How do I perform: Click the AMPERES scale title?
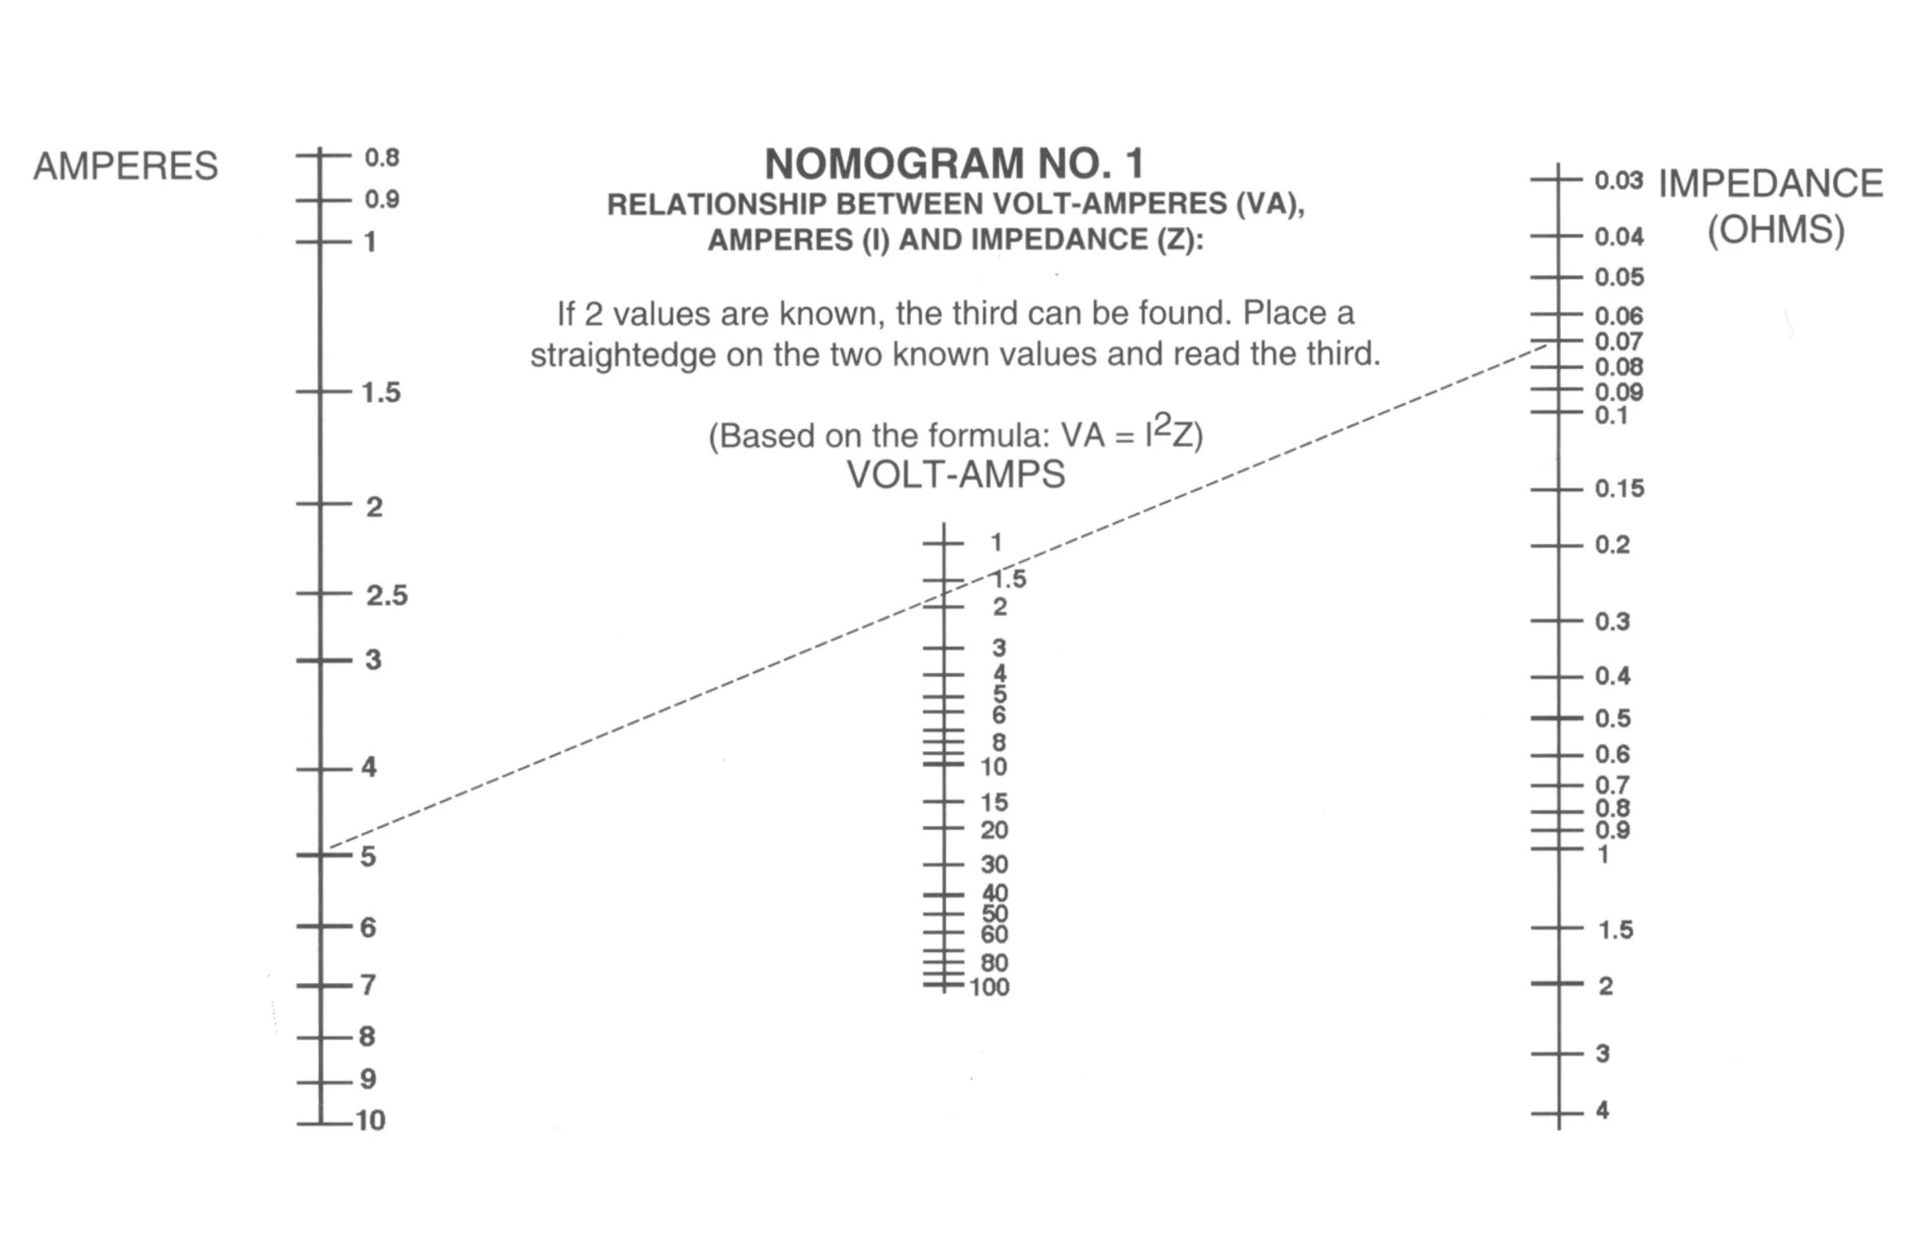pyautogui.click(x=125, y=166)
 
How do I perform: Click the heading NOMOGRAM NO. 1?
pyautogui.click(x=954, y=163)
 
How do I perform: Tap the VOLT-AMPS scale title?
pyautogui.click(x=956, y=474)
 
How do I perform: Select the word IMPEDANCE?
pyautogui.click(x=1771, y=183)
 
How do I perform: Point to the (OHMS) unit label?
pyautogui.click(x=1776, y=229)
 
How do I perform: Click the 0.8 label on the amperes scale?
pyautogui.click(x=381, y=157)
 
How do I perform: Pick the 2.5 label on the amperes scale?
pyautogui.click(x=386, y=595)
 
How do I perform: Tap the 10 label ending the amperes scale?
pyautogui.click(x=371, y=1119)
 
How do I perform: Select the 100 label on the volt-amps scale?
pyautogui.click(x=990, y=987)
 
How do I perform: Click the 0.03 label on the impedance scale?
pyautogui.click(x=1619, y=180)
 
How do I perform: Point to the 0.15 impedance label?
pyautogui.click(x=1620, y=488)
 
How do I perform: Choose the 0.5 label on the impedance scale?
pyautogui.click(x=1612, y=718)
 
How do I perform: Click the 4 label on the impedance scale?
pyautogui.click(x=1602, y=1110)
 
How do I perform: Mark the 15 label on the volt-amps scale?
pyautogui.click(x=995, y=802)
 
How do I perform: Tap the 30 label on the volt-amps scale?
pyautogui.click(x=995, y=864)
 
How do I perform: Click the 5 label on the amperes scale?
pyautogui.click(x=368, y=857)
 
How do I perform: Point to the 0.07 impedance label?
pyautogui.click(x=1619, y=341)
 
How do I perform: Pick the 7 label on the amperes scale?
pyautogui.click(x=368, y=984)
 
